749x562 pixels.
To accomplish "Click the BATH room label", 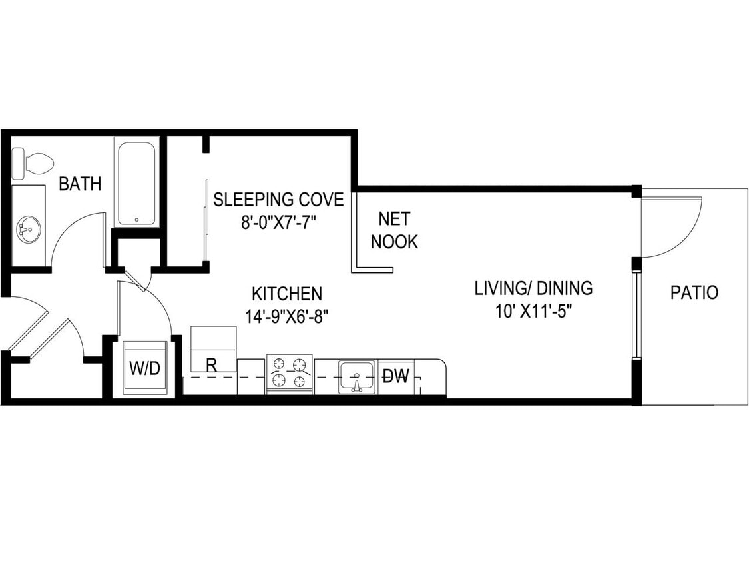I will [x=80, y=184].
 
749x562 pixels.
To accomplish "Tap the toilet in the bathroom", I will [x=34, y=162].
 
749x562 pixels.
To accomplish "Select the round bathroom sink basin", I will [x=28, y=230].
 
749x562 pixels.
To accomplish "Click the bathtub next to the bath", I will [x=136, y=182].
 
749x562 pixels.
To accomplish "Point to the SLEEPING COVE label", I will [x=278, y=199].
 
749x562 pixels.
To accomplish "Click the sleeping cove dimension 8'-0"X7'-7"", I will [x=278, y=222].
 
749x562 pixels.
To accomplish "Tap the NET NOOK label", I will [x=394, y=230].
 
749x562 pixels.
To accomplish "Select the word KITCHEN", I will [x=287, y=293].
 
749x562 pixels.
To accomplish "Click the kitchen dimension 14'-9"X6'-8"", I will [x=287, y=316].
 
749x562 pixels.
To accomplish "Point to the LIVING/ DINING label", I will [x=533, y=288].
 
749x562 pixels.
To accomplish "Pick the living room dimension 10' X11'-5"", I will [x=533, y=311].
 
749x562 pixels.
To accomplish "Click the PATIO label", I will [x=694, y=292].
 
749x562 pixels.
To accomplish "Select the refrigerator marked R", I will [x=213, y=350].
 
